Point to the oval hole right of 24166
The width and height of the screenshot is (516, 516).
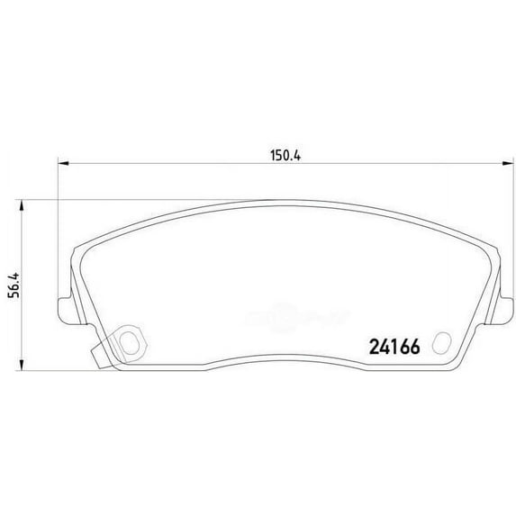pyautogui.click(x=441, y=343)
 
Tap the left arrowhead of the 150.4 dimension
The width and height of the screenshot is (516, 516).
pyautogui.click(x=64, y=163)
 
